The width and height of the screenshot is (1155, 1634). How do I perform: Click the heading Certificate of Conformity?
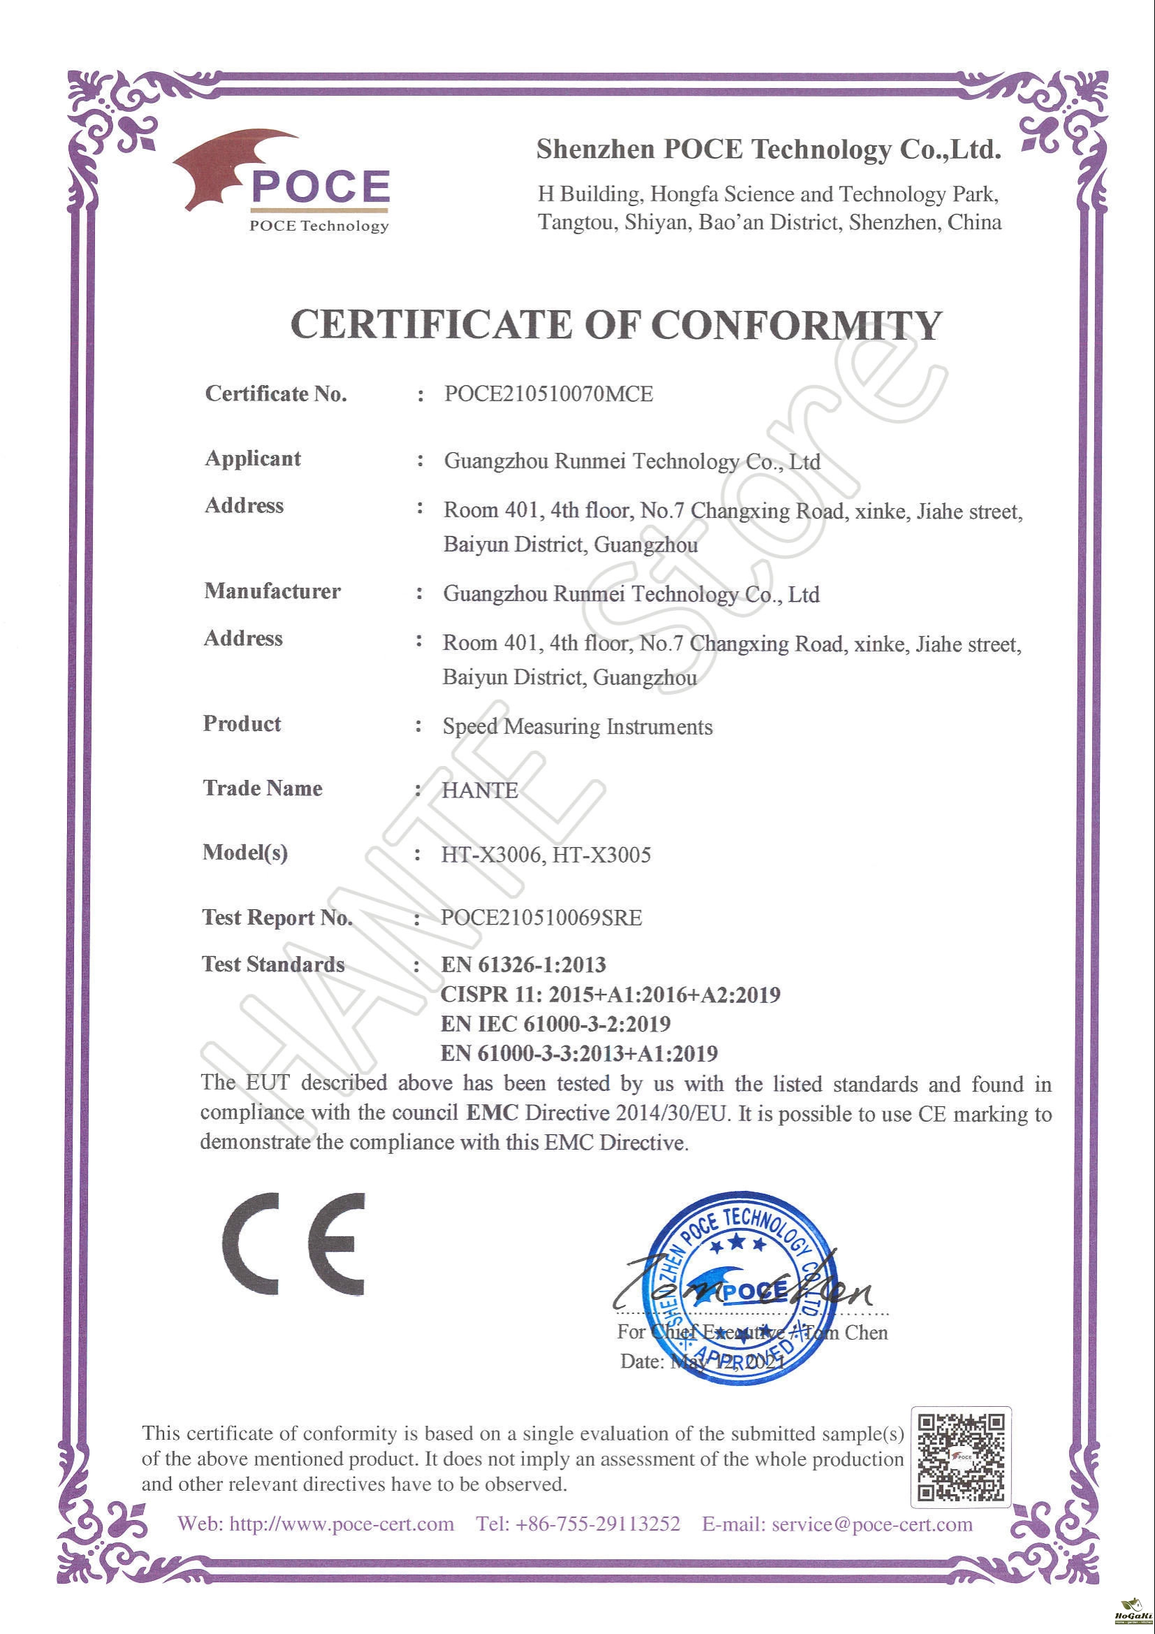click(616, 325)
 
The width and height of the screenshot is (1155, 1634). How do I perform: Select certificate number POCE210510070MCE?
click(548, 393)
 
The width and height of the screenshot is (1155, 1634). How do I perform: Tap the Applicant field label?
click(253, 458)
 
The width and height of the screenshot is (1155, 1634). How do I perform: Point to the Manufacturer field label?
click(272, 591)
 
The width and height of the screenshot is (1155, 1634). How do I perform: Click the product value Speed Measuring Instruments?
click(577, 727)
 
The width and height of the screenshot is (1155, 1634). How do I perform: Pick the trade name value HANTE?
click(479, 790)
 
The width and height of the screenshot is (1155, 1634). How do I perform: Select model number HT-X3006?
click(491, 855)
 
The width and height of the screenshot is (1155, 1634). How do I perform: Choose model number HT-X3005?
click(602, 855)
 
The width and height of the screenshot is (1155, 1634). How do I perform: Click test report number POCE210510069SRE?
click(541, 918)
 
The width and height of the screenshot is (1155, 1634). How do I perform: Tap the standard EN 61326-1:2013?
click(523, 965)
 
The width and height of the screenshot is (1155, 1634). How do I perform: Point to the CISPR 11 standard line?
click(610, 995)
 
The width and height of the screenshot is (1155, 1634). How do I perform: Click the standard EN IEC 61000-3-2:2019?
click(555, 1024)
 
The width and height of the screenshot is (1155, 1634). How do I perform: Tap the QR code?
click(961, 1456)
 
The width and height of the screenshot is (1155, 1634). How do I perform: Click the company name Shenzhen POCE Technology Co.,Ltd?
click(769, 150)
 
